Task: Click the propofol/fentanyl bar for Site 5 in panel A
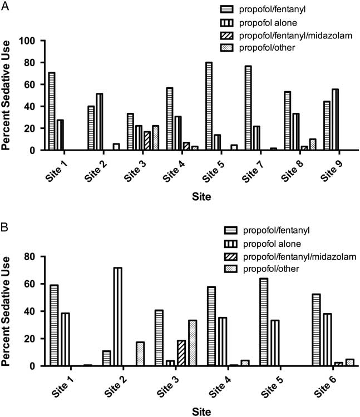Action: point(208,106)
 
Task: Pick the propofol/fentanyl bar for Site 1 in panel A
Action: point(52,111)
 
